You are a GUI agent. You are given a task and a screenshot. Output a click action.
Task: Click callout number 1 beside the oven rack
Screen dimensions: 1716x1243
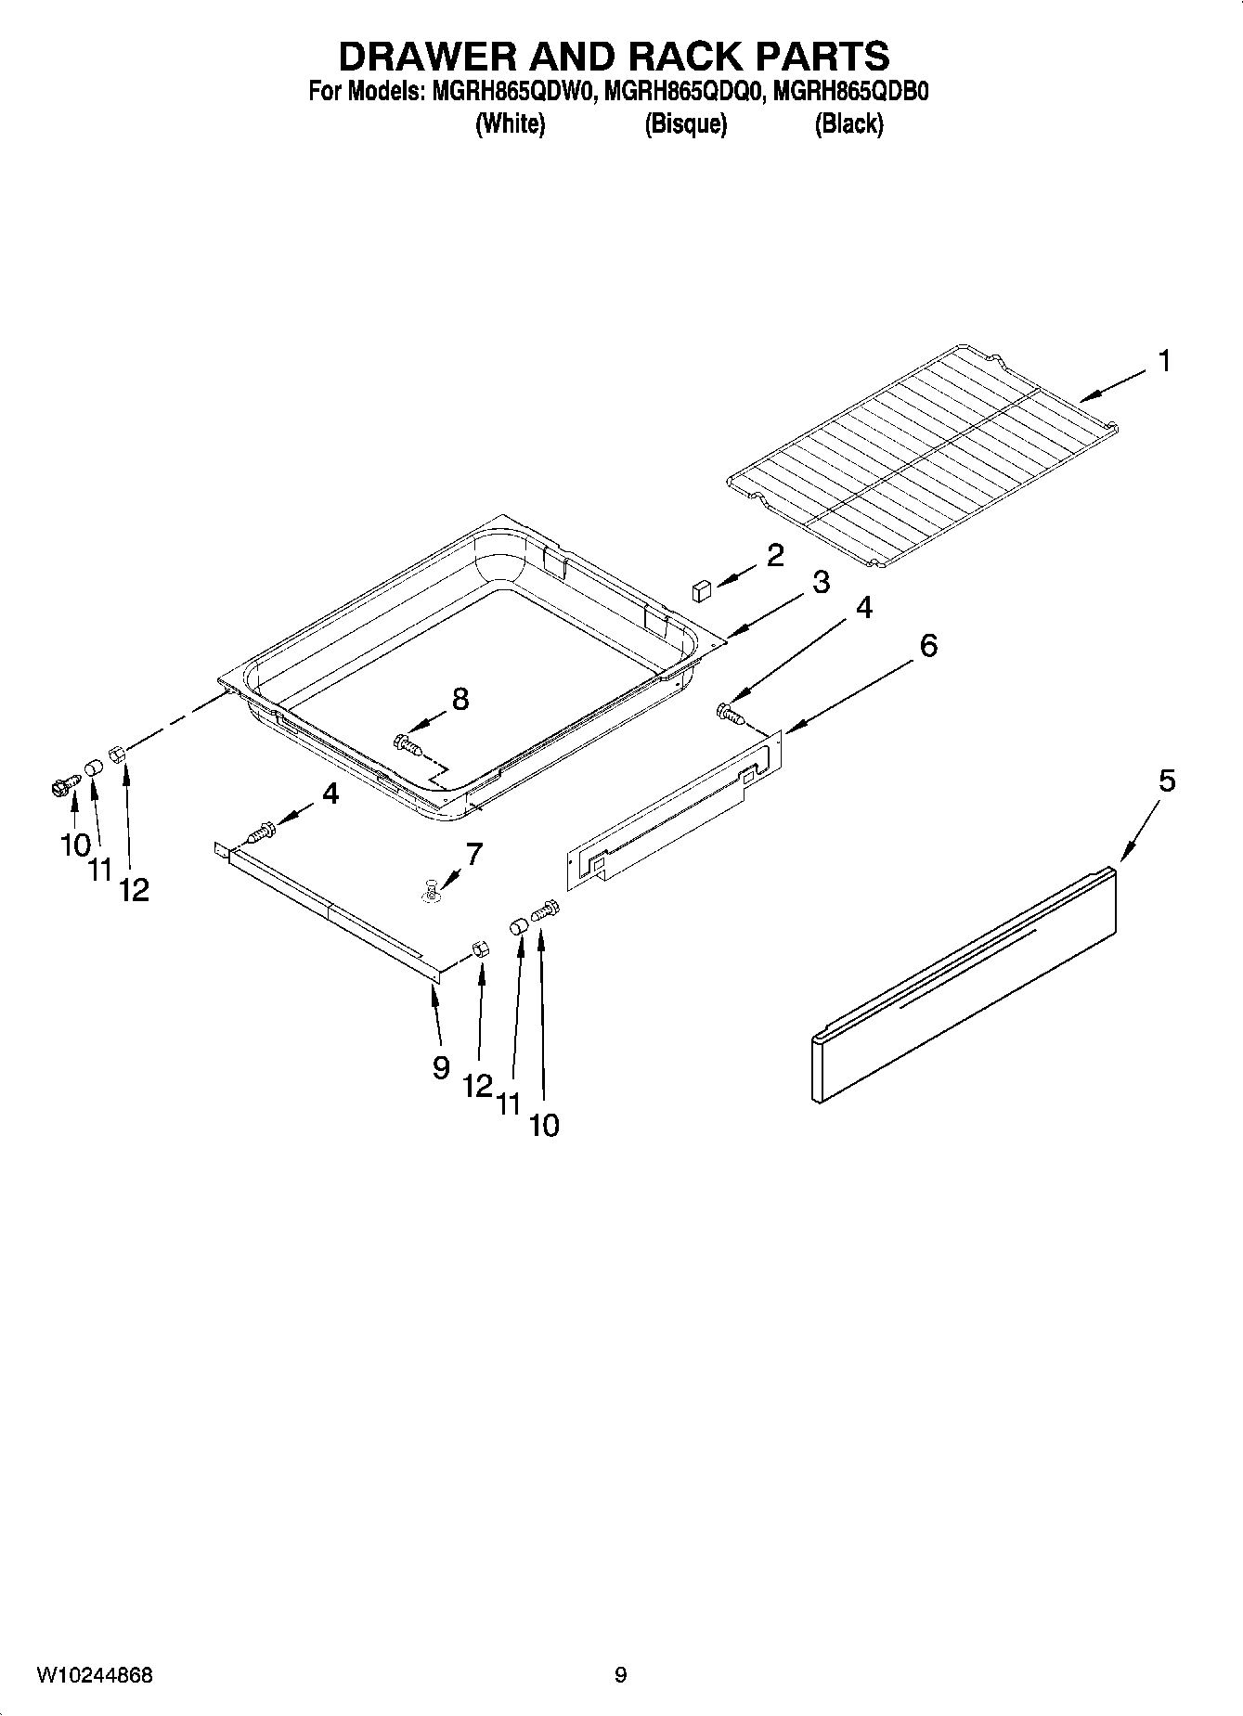pos(1163,361)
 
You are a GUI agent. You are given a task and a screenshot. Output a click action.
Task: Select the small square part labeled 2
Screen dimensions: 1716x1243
pos(702,589)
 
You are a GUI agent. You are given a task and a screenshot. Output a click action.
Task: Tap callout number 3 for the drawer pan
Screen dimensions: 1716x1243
pos(820,583)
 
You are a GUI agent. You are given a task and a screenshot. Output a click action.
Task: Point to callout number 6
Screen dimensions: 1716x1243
pos(928,645)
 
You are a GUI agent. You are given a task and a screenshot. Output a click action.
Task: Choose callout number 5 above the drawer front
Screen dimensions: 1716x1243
pos(1166,781)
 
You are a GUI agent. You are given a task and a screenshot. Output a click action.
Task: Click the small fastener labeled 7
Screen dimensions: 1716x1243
pos(433,892)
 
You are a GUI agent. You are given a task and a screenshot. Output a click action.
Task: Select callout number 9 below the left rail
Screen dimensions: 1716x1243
pos(441,1068)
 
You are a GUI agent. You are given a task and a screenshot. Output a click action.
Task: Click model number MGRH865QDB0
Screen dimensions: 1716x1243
pos(850,93)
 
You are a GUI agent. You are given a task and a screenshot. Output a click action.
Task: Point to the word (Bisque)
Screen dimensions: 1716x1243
pos(685,124)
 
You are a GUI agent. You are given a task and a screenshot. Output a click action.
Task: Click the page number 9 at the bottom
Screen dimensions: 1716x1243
pos(620,1675)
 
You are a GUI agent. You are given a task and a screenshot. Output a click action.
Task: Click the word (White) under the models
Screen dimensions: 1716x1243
pos(510,124)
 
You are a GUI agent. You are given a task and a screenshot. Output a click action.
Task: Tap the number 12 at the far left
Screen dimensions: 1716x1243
pos(134,891)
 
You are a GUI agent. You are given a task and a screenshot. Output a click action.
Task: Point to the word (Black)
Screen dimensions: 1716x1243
pos(848,124)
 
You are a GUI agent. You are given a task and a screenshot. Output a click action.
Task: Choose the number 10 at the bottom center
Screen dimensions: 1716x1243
pos(544,1126)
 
